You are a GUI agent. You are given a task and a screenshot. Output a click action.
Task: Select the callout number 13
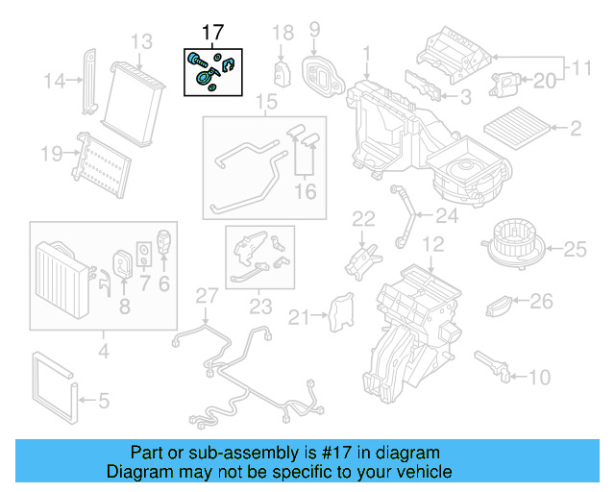click(x=141, y=41)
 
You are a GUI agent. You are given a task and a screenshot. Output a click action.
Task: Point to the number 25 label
click(x=574, y=250)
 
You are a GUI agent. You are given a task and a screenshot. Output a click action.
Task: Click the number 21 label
click(x=302, y=316)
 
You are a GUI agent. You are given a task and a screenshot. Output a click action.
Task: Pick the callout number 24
click(x=447, y=214)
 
